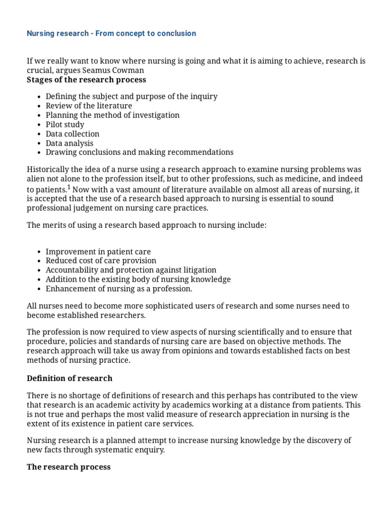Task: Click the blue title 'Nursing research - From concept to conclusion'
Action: (x=111, y=33)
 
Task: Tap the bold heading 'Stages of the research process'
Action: (x=86, y=80)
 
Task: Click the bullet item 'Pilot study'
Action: (x=65, y=124)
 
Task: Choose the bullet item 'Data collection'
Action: (x=73, y=134)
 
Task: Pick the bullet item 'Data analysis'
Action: (x=70, y=143)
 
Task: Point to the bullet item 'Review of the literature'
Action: (x=89, y=106)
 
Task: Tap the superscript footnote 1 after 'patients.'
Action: (x=69, y=187)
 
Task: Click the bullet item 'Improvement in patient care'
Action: (x=98, y=251)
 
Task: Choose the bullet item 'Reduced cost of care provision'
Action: (x=101, y=261)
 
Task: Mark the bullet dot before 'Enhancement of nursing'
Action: (x=39, y=289)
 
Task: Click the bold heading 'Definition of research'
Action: (x=70, y=378)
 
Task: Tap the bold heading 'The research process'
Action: (x=69, y=467)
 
